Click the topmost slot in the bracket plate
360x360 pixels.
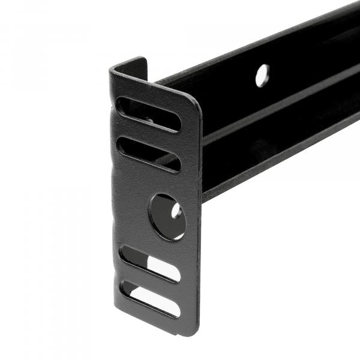click(149, 114)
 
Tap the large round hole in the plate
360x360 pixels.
click(167, 216)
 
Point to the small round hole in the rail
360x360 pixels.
click(262, 76)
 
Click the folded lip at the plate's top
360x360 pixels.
click(129, 66)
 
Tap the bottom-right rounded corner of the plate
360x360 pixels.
click(193, 329)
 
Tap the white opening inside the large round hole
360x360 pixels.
click(176, 211)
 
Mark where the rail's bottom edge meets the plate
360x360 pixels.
click(203, 198)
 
